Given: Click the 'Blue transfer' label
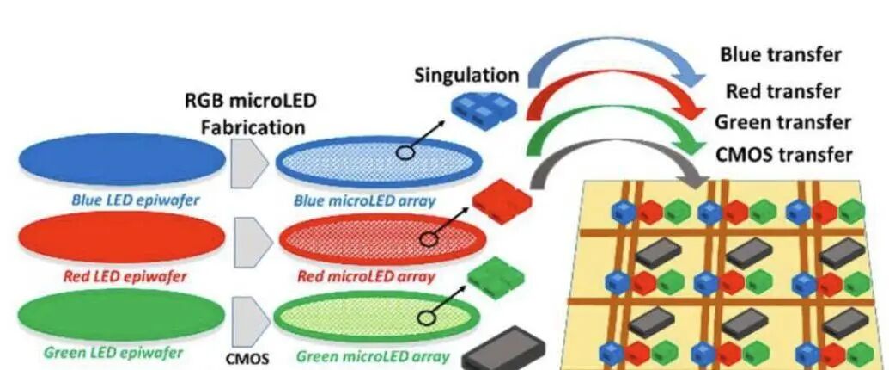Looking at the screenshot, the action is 780,56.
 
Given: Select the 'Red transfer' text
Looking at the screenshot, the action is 782,91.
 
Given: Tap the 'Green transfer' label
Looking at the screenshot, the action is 782,123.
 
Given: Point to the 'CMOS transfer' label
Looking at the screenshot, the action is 783,155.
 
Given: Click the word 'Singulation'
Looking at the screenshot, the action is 466,75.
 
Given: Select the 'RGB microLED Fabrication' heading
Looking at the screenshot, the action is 252,114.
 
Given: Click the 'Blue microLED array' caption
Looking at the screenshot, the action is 364,201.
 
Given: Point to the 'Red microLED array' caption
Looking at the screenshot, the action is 366,276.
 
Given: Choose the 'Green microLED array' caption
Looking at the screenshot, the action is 371,355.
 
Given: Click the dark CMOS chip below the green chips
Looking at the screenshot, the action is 505,348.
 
